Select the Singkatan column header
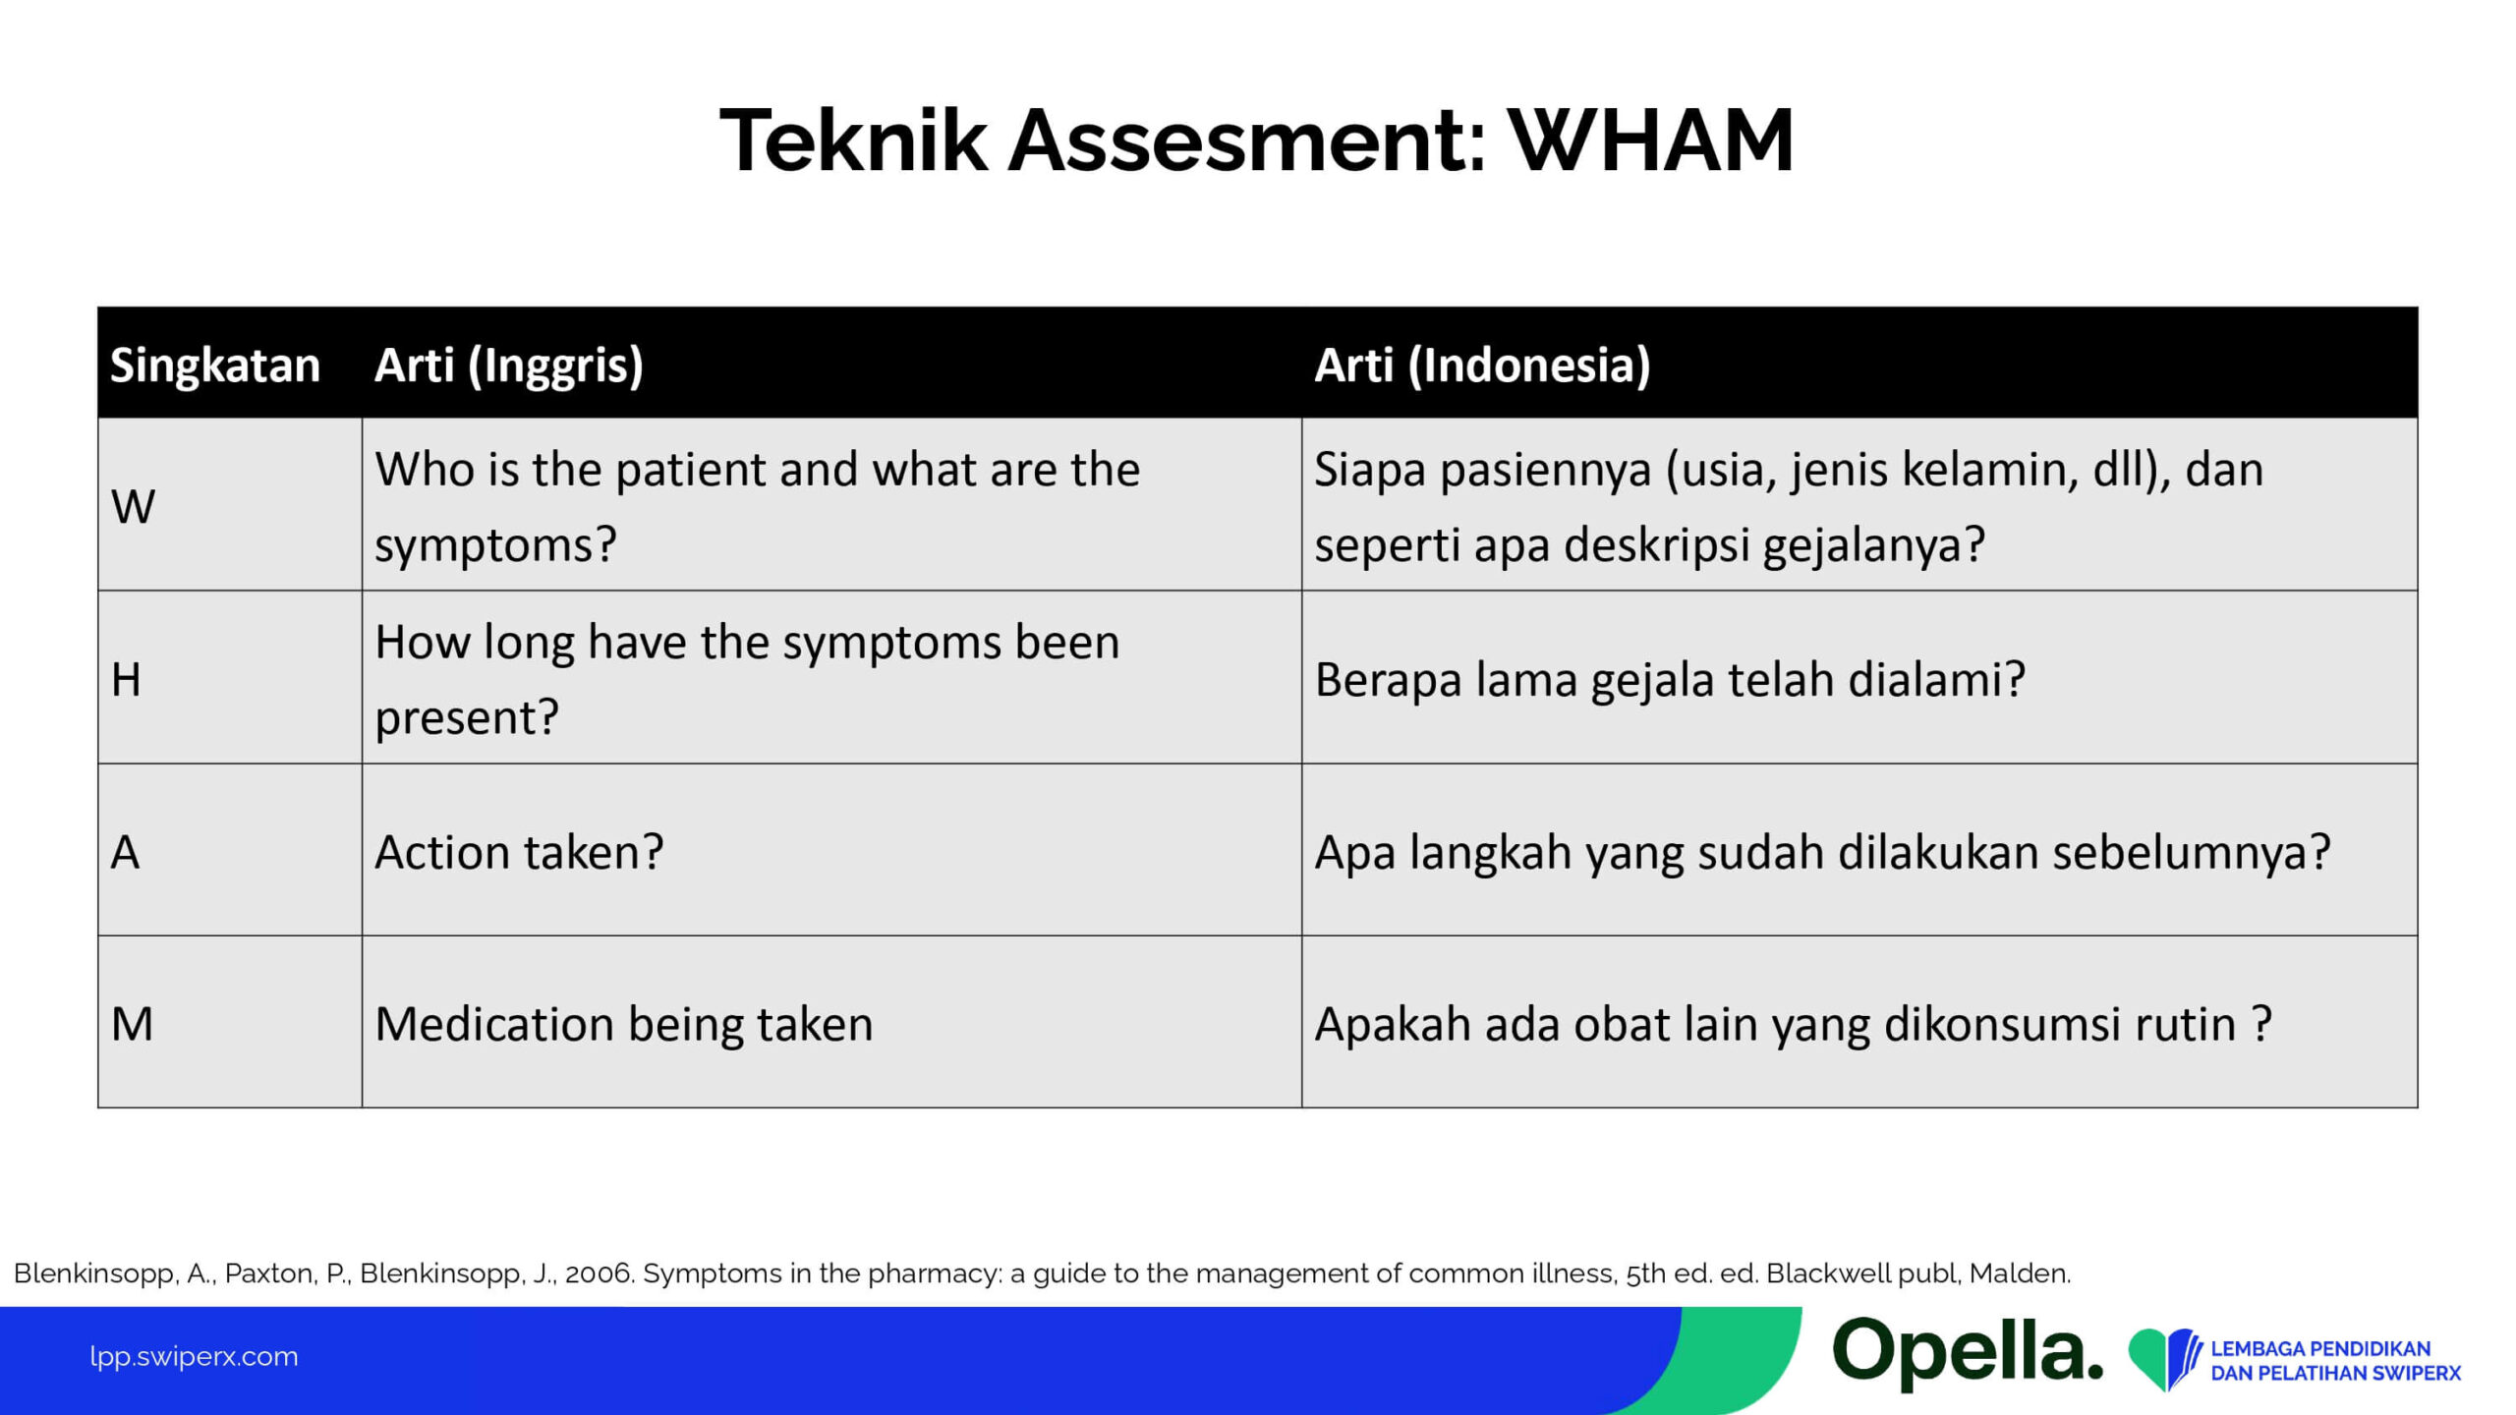tap(215, 366)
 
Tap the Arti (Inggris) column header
tap(509, 366)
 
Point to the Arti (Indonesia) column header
tap(1482, 366)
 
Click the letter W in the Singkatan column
tap(133, 507)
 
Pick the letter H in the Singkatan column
tap(126, 680)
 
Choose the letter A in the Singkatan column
tap(125, 852)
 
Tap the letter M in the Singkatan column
tap(132, 1025)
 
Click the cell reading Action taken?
tap(519, 852)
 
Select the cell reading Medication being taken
tap(624, 1025)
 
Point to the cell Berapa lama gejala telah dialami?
tap(1670, 680)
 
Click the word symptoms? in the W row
tap(495, 545)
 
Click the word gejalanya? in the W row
tap(1873, 545)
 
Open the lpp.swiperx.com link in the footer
tap(194, 1357)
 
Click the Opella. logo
tap(1968, 1355)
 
